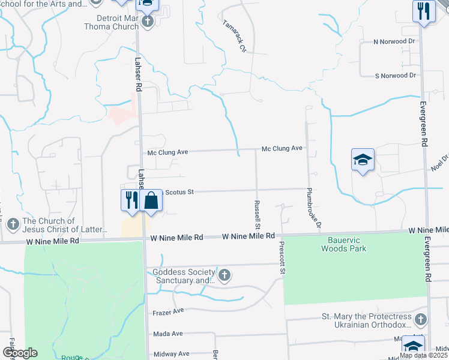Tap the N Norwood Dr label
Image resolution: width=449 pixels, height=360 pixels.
click(394, 41)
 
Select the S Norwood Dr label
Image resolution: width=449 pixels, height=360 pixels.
click(395, 76)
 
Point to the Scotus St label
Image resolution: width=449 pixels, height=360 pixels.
click(178, 192)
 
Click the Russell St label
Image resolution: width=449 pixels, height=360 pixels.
click(257, 215)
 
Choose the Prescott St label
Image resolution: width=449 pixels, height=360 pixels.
click(281, 259)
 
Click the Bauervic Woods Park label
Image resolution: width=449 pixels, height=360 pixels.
click(343, 244)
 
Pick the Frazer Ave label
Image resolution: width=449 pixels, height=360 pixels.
click(168, 312)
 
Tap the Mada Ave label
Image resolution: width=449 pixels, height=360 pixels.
click(168, 334)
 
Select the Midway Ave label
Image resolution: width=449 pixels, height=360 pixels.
click(171, 354)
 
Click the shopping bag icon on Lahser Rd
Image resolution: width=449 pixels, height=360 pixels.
click(151, 200)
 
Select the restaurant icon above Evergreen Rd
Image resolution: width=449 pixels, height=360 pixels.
click(423, 11)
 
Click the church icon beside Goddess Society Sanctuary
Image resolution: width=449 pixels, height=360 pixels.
click(224, 275)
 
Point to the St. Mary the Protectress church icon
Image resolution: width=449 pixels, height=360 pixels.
click(420, 320)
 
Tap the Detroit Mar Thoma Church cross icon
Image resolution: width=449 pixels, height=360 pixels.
click(147, 21)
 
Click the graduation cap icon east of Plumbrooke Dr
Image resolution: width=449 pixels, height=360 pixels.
click(363, 160)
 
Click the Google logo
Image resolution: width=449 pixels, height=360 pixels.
click(20, 353)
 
